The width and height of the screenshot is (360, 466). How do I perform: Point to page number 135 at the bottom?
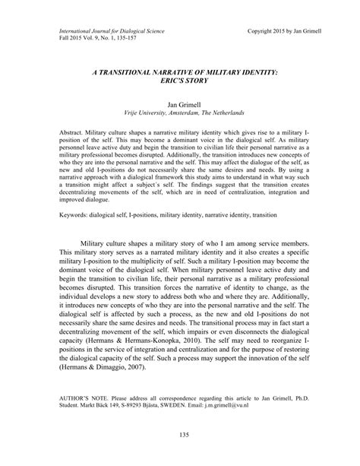[x=179, y=433]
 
